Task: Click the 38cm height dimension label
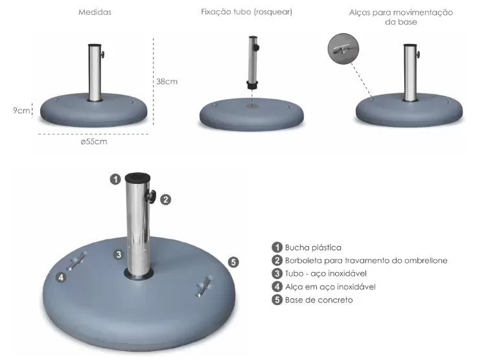(167, 82)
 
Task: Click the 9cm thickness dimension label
(21, 110)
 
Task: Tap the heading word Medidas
(95, 12)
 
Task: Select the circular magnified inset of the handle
(344, 49)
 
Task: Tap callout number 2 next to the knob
(166, 199)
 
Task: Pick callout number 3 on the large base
(119, 254)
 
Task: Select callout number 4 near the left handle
(61, 277)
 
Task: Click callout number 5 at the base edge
(234, 262)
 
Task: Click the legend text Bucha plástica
(313, 247)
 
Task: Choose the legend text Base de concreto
(319, 300)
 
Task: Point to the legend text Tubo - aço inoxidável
(326, 273)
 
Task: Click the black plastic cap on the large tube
(137, 177)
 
